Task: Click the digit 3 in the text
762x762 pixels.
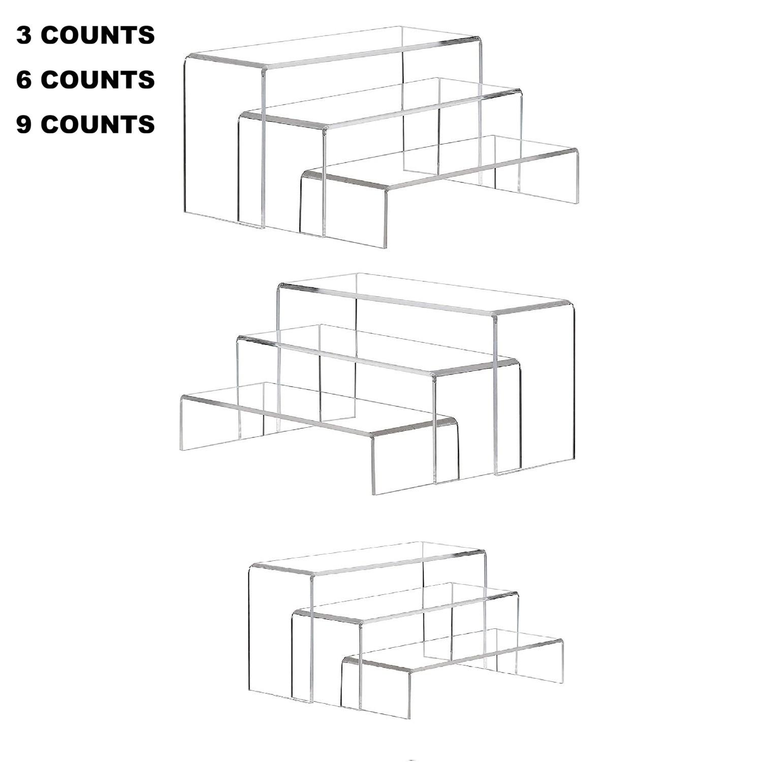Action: click(24, 36)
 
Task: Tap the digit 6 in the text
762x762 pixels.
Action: click(24, 80)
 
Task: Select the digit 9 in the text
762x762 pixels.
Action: click(24, 124)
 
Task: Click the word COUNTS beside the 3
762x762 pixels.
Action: click(98, 36)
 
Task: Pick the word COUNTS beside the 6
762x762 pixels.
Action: click(98, 80)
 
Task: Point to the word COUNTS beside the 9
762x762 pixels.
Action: click(98, 124)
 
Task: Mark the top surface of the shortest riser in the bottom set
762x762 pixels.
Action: click(452, 650)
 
